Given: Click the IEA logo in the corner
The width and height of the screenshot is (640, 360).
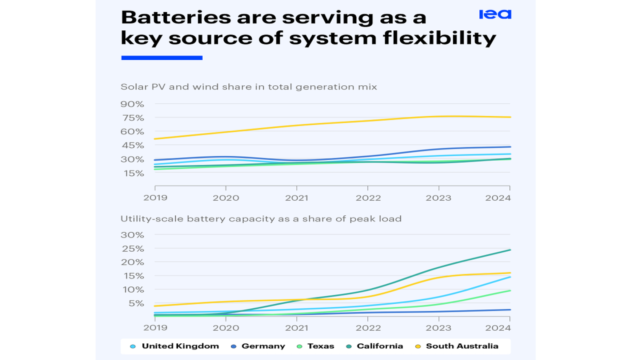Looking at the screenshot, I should pyautogui.click(x=495, y=14).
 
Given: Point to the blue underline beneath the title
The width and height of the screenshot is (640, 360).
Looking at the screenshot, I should pyautogui.click(x=162, y=58).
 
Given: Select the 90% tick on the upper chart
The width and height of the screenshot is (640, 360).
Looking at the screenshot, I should pyautogui.click(x=132, y=103).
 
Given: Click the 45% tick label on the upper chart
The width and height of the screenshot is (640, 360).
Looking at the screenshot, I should pyautogui.click(x=132, y=145).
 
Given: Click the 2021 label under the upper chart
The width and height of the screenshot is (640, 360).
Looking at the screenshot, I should pyautogui.click(x=297, y=197).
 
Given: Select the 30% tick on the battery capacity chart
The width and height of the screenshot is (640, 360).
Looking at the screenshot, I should pyautogui.click(x=132, y=235).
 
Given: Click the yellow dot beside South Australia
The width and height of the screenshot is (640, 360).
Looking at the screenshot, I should pyautogui.click(x=419, y=346).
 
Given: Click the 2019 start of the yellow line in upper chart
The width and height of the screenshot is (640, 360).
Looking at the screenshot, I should pyautogui.click(x=155, y=139).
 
